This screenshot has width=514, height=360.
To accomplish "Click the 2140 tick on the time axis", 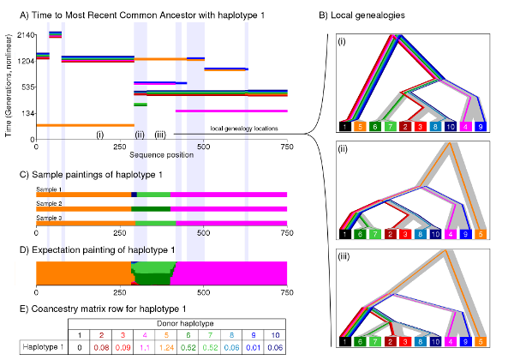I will point(21,35).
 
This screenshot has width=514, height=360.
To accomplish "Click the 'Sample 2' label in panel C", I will point(48,203).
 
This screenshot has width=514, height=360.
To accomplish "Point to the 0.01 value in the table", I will point(276,347).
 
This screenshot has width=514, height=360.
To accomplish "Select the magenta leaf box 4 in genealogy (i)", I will point(465,125).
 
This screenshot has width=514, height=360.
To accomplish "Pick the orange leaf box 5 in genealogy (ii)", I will point(484,234).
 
